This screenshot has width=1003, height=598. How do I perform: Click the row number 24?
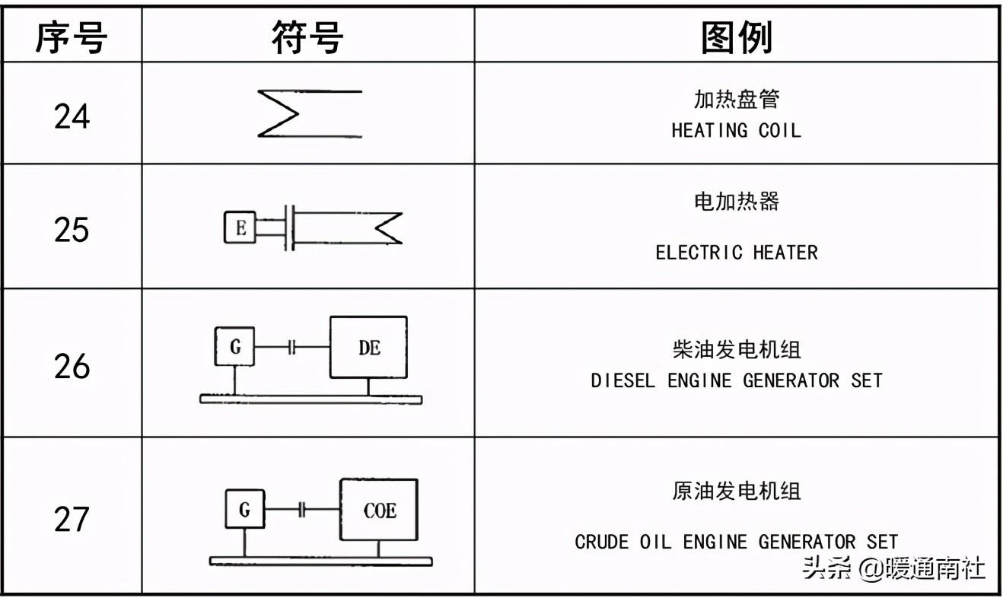(72, 116)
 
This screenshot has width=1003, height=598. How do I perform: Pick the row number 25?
(72, 229)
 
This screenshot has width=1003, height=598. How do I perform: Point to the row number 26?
(72, 366)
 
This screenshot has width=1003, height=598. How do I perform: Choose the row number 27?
(72, 520)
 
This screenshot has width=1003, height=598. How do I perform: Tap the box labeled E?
(240, 227)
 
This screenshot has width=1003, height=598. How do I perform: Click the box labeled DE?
(368, 348)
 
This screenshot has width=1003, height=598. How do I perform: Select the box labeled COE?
(379, 510)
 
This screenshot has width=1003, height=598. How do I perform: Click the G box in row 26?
(234, 347)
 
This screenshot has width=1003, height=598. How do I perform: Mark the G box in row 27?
(244, 509)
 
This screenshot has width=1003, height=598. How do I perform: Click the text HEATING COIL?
(736, 131)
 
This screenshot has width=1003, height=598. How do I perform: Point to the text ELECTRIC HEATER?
(736, 253)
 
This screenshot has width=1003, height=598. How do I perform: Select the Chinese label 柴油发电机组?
(736, 350)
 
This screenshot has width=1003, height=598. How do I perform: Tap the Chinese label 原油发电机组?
(736, 491)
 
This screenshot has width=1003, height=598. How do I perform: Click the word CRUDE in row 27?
(601, 542)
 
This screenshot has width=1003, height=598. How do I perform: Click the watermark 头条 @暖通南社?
(894, 568)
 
